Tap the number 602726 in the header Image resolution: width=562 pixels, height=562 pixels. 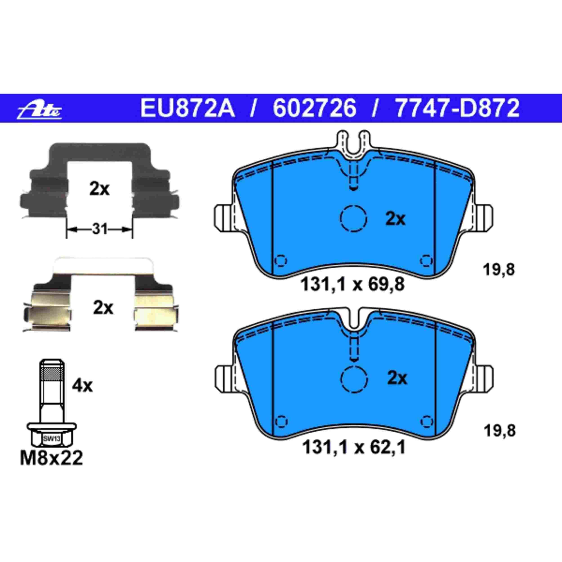pyautogui.click(x=314, y=108)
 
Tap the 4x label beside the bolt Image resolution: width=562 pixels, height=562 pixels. pyautogui.click(x=82, y=386)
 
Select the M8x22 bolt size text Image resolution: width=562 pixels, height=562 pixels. pyautogui.click(x=51, y=459)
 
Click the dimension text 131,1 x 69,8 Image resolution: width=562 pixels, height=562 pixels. pyautogui.click(x=352, y=285)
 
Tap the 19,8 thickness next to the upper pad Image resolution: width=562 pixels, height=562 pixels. pyautogui.click(x=499, y=270)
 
